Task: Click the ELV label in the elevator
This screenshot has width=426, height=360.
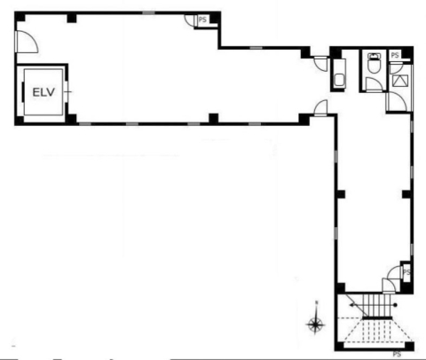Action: click(43, 92)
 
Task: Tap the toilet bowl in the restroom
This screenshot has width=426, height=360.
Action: click(374, 67)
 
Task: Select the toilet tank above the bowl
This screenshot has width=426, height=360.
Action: click(374, 56)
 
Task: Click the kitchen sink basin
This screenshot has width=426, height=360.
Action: click(339, 80)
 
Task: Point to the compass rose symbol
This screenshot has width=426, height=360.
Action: click(315, 325)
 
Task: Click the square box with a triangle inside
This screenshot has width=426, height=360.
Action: click(400, 81)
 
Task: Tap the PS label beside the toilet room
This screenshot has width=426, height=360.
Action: click(395, 55)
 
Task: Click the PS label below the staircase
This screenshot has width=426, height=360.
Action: click(397, 354)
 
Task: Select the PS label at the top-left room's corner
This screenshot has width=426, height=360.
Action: click(202, 20)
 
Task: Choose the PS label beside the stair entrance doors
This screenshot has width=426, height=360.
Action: click(406, 272)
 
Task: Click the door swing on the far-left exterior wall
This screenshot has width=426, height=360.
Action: click(26, 42)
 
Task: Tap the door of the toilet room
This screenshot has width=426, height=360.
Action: click(375, 85)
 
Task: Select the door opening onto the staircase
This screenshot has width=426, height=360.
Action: click(388, 286)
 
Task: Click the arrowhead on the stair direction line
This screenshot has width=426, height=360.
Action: click(351, 305)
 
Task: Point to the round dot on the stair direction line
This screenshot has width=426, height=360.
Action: click(396, 305)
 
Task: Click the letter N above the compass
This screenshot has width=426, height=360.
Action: click(317, 302)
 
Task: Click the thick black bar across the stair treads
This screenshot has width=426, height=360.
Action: click(377, 317)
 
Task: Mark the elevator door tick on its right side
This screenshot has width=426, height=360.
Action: click(68, 92)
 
